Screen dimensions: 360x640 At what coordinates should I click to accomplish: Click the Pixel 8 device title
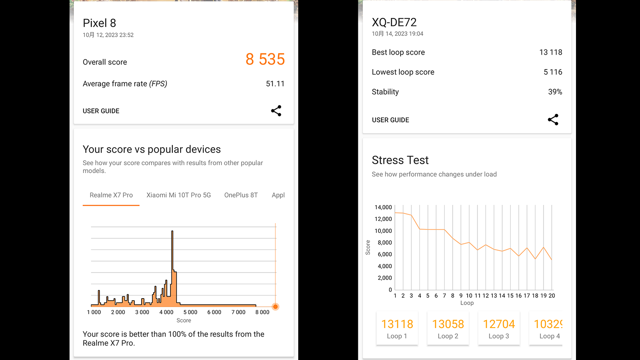click(99, 23)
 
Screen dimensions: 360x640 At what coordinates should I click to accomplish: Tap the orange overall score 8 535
click(265, 59)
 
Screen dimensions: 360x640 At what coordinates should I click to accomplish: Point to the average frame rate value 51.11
click(275, 84)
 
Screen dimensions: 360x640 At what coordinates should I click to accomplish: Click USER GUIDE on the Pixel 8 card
click(101, 111)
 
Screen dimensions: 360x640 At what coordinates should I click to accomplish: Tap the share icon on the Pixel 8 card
click(276, 111)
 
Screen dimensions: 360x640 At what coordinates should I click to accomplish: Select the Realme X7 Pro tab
click(111, 195)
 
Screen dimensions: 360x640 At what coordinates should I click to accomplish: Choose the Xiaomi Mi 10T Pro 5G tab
click(178, 195)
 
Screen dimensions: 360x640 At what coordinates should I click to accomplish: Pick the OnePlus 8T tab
click(241, 195)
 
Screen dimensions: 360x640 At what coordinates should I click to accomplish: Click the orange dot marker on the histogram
click(276, 307)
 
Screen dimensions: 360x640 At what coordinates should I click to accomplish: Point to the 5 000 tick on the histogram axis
click(190, 312)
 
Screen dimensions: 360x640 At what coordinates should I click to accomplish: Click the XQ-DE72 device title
click(394, 22)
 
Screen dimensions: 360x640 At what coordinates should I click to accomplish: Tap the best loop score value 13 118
click(550, 52)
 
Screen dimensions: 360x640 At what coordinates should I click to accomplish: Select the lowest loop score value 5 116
click(553, 72)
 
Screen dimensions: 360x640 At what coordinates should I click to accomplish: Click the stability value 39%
click(555, 92)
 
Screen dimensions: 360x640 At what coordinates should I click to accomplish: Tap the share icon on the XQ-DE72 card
click(553, 120)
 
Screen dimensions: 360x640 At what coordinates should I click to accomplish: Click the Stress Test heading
click(400, 160)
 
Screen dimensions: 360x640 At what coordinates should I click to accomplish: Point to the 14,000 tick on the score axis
click(383, 207)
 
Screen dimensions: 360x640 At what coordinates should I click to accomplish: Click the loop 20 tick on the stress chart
click(552, 296)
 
